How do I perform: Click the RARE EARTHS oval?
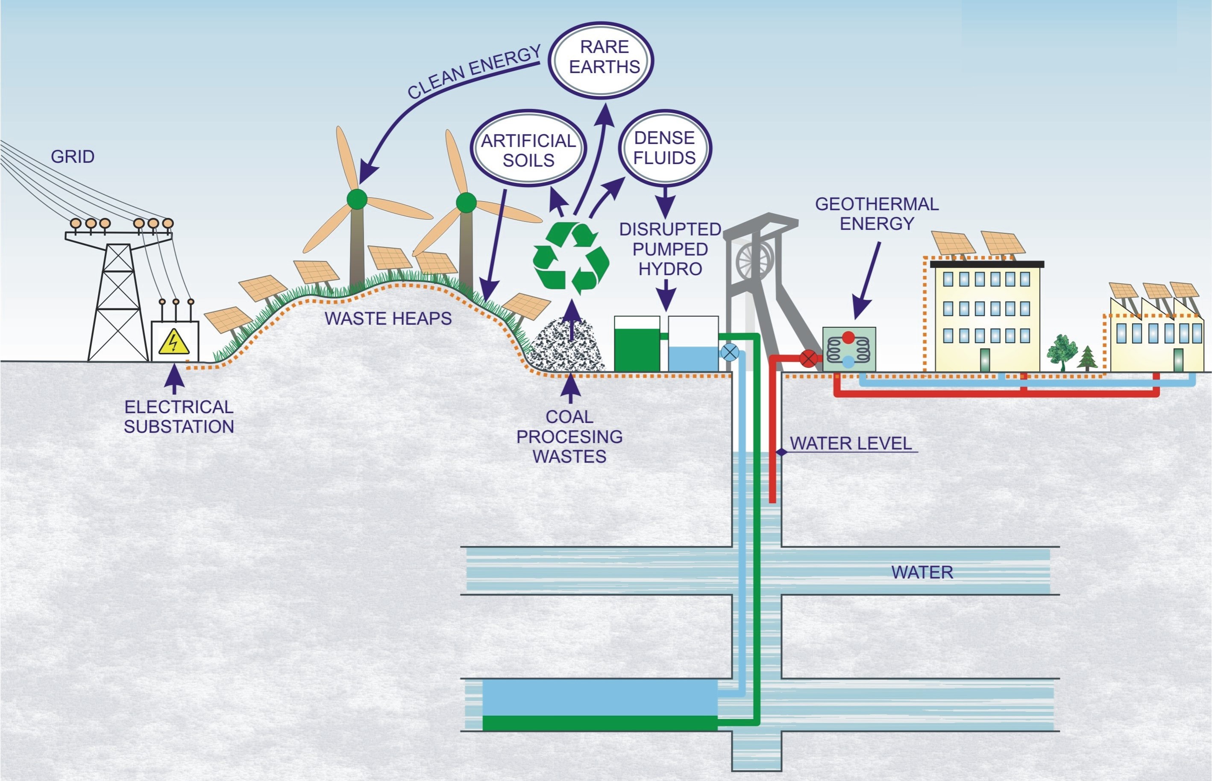tap(602, 60)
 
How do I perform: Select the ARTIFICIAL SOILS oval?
tap(528, 150)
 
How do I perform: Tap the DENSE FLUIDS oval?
tap(665, 147)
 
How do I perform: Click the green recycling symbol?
tap(571, 258)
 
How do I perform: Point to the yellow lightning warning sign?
tap(174, 342)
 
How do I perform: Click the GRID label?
tap(73, 156)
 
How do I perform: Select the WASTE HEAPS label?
tap(388, 318)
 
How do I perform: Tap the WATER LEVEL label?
tap(851, 443)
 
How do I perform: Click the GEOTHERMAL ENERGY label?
tap(877, 214)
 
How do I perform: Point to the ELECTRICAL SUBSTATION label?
tap(179, 417)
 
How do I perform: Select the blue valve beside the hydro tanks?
tap(729, 352)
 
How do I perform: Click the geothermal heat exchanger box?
tap(849, 349)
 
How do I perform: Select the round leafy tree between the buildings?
tap(1062, 349)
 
